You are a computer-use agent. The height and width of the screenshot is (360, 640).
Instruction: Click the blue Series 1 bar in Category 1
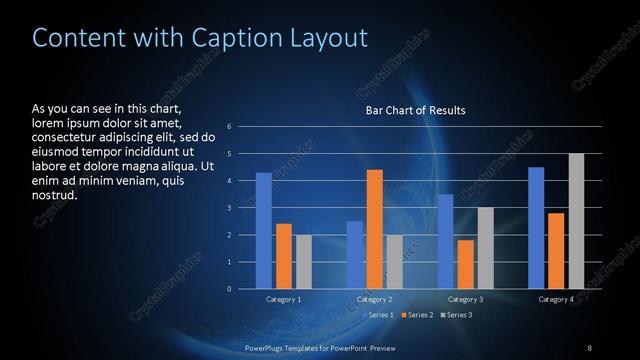click(263, 231)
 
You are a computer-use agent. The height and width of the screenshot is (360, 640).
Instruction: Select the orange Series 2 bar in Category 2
click(375, 229)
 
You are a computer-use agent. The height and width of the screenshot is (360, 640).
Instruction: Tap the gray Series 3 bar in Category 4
click(576, 221)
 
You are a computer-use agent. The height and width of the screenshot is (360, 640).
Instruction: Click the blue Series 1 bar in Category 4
click(536, 228)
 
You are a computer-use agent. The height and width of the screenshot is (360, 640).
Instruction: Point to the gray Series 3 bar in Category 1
click(303, 262)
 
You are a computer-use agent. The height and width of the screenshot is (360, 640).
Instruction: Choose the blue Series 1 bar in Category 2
click(355, 255)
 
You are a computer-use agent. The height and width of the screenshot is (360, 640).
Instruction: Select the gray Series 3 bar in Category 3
click(486, 248)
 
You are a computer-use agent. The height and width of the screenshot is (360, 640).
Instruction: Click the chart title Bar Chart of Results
click(415, 109)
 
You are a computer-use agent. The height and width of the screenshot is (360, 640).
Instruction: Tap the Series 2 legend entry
click(415, 315)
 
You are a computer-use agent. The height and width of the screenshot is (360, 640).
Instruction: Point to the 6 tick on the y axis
click(230, 127)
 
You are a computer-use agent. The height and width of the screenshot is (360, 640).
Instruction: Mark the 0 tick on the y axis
click(230, 289)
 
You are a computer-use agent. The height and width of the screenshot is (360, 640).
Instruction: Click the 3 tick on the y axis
click(230, 208)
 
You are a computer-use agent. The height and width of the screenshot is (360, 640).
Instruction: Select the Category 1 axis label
click(284, 299)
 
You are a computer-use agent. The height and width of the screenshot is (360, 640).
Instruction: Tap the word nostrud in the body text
click(55, 194)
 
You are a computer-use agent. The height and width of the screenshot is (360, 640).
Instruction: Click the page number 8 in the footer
click(589, 347)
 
